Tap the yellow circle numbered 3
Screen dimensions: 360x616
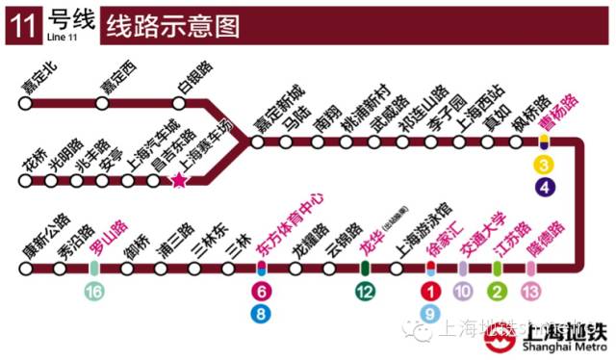coord(545,166)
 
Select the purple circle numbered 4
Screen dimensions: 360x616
coord(545,187)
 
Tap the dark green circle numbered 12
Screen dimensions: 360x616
coord(365,292)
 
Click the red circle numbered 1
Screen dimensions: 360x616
coord(431,292)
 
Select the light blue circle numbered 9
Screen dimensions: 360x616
coord(431,312)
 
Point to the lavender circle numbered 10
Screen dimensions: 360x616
coord(463,292)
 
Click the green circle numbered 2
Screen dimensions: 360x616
coord(497,292)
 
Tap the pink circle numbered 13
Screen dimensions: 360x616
coord(530,292)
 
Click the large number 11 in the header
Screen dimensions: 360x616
coord(21,26)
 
